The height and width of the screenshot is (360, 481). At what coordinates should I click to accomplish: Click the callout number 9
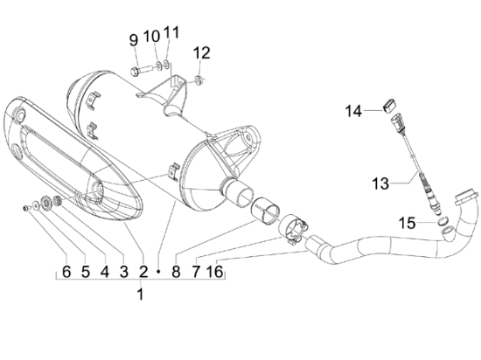[134, 40]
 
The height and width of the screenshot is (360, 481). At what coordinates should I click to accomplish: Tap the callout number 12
[201, 52]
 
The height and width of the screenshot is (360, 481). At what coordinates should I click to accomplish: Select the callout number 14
[353, 111]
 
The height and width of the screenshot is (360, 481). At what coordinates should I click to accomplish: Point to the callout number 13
[380, 183]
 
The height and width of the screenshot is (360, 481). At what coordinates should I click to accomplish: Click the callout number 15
[407, 223]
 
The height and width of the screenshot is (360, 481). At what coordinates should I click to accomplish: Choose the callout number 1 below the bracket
[140, 294]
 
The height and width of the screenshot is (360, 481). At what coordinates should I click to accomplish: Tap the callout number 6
[66, 272]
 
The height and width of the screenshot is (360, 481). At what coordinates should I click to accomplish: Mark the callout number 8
[176, 272]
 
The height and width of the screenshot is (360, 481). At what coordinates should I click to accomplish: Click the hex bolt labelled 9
[139, 71]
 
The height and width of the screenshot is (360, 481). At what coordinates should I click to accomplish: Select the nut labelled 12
[199, 80]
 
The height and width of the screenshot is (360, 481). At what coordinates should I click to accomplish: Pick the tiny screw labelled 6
[25, 208]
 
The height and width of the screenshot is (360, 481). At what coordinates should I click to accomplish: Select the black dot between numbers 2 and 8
[158, 272]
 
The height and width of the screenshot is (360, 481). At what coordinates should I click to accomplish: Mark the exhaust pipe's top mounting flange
[467, 198]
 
